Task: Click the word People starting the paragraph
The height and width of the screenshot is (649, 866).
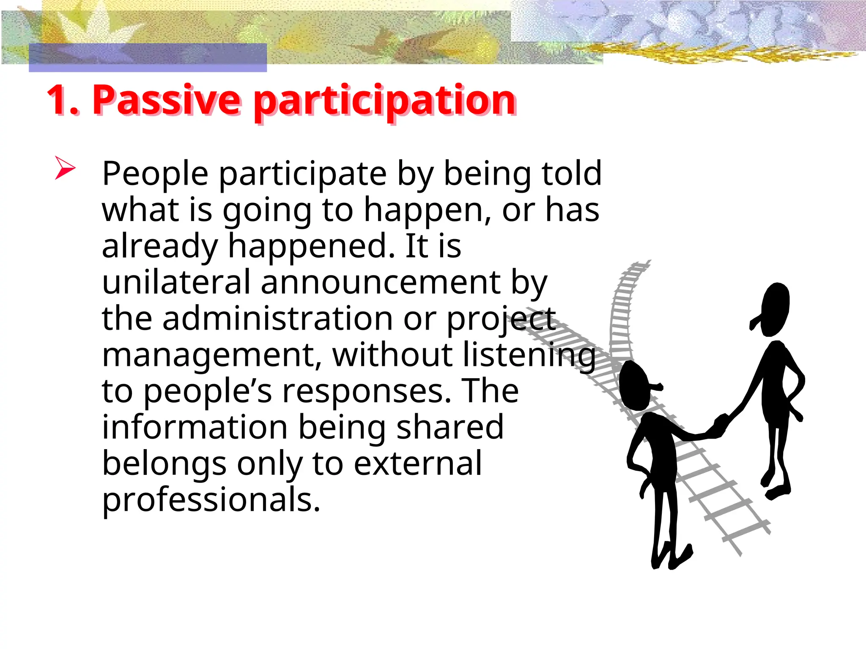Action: tap(155, 174)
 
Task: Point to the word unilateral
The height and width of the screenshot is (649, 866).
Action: tap(176, 282)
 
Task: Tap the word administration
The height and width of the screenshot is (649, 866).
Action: tap(278, 319)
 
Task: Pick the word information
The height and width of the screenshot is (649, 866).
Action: tap(195, 427)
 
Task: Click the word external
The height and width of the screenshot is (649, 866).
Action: tap(417, 464)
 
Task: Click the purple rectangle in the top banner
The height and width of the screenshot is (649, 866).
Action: tap(148, 57)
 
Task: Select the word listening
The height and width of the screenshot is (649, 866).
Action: tap(529, 355)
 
